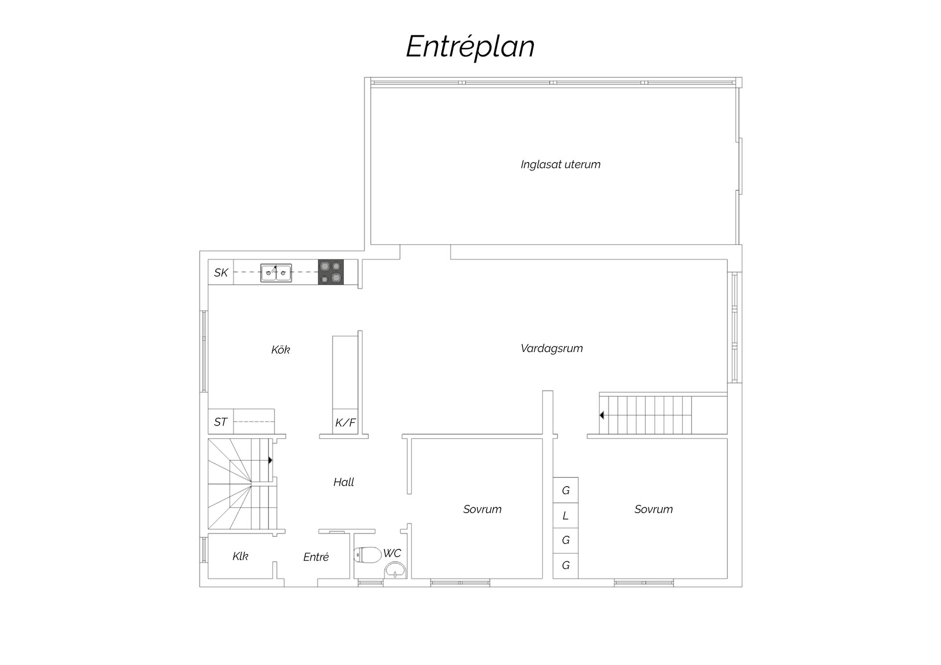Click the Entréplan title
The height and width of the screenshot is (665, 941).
[470, 47]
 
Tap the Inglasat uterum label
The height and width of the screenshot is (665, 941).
[561, 165]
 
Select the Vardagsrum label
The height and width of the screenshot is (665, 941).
[552, 349]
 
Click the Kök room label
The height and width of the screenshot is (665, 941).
[281, 350]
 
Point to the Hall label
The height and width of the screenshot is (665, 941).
[344, 482]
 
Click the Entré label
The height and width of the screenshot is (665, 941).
[316, 557]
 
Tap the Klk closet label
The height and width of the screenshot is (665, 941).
[240, 556]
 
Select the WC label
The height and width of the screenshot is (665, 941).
[392, 553]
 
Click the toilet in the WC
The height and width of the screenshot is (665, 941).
[368, 555]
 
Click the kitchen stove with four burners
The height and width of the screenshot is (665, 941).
[331, 272]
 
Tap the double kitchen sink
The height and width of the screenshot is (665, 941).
[276, 273]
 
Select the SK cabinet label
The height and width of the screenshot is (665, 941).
[221, 273]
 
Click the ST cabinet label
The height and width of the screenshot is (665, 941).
[221, 422]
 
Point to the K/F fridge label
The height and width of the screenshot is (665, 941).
[346, 423]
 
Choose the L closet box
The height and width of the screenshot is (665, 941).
[566, 515]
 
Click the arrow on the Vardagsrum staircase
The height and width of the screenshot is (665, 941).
[602, 415]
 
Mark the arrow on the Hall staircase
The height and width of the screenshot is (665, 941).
[270, 460]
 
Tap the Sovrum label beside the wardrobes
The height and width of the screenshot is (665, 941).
[653, 509]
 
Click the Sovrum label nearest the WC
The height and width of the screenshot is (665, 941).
[482, 509]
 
